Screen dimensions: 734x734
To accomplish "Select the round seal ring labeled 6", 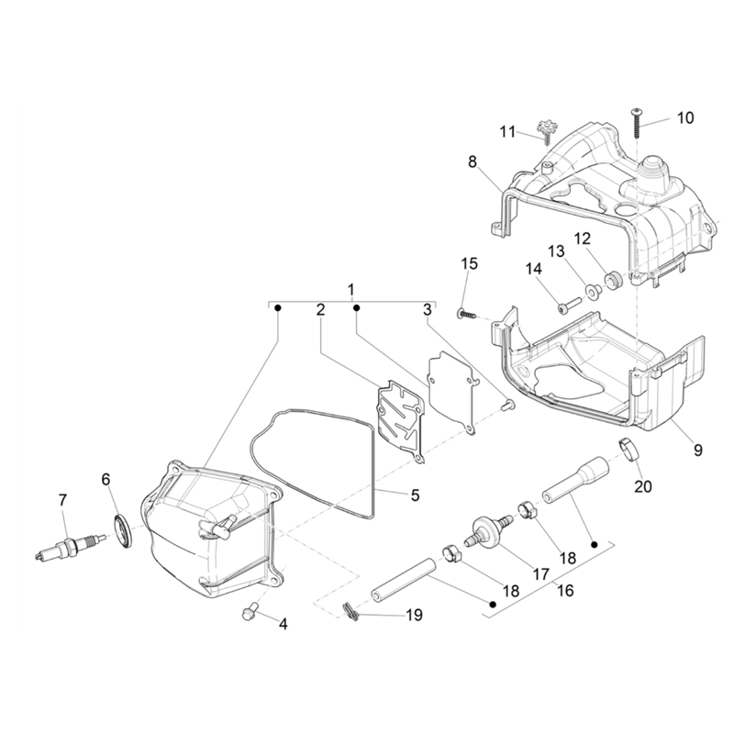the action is [x=124, y=530].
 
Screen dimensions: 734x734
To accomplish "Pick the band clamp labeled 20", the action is [x=629, y=449].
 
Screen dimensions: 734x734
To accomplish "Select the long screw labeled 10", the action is [x=637, y=123].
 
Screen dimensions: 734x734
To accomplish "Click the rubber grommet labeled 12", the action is [x=614, y=280].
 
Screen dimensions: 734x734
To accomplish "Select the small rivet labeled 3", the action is [x=508, y=405].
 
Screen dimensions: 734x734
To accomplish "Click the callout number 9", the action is [x=697, y=450].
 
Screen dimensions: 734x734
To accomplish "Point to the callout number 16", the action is [x=565, y=590].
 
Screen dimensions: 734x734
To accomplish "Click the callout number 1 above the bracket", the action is [x=351, y=290].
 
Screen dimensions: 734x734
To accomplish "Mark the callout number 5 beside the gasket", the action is [x=415, y=495].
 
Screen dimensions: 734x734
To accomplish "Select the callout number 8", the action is [x=472, y=161].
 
